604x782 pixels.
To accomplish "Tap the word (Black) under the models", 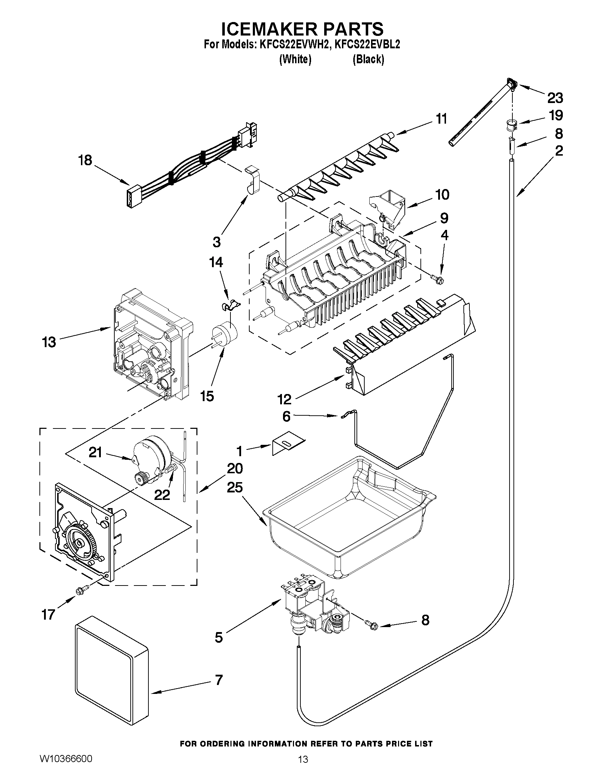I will coord(368,59).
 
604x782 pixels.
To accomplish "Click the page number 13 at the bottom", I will coord(303,767).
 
